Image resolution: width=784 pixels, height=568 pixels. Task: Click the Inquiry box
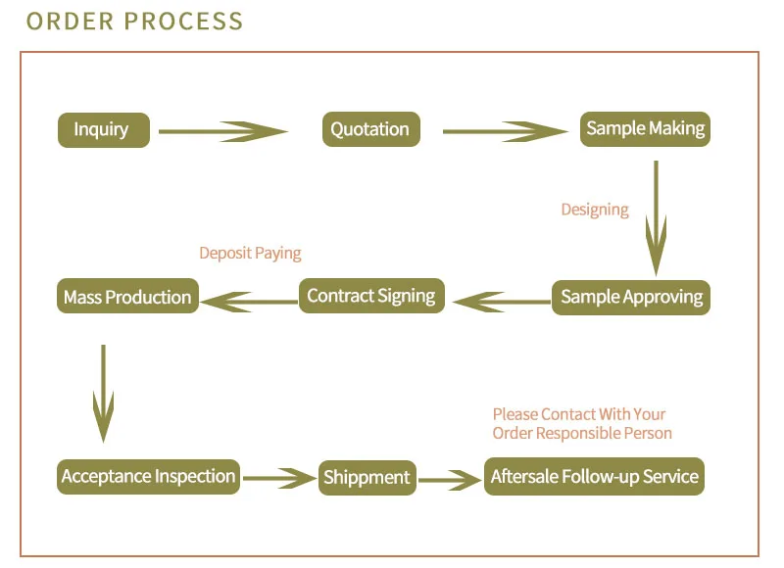103,130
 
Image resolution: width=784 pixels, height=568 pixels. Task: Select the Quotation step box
370,130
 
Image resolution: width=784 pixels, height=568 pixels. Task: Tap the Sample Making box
645,129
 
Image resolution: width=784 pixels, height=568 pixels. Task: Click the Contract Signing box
370,296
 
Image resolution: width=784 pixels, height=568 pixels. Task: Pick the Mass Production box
127,298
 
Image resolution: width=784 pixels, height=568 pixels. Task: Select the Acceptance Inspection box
148,477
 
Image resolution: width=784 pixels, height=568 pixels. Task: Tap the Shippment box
366,478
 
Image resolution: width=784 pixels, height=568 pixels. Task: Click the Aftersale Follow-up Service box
594,477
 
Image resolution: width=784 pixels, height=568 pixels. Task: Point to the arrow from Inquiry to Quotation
222,131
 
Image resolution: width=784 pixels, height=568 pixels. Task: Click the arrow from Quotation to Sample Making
505,131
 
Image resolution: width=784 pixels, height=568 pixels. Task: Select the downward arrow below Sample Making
656,217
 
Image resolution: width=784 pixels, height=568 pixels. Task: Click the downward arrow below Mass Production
103,392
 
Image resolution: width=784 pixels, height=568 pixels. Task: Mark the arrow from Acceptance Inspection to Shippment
279,479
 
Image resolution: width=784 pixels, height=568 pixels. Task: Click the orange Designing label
595,210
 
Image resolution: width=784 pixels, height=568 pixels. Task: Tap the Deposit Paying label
250,254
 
